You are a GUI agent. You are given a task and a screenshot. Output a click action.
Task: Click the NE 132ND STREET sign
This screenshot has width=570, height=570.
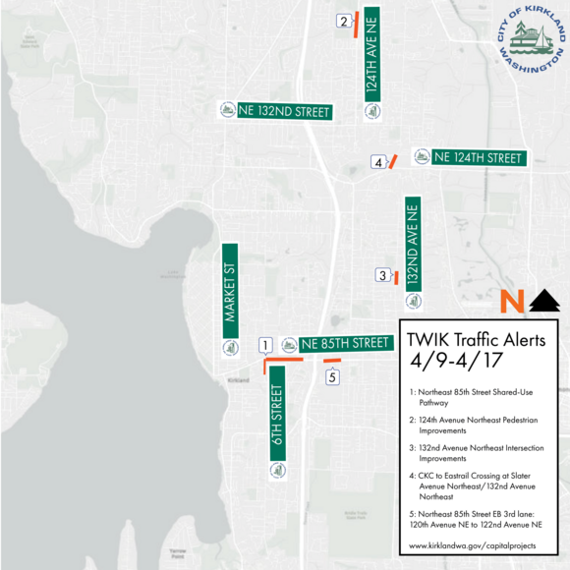[276, 112]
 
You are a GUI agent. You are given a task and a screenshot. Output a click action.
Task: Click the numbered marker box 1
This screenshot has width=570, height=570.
[264, 345]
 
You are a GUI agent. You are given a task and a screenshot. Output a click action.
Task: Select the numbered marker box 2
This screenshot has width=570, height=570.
[343, 22]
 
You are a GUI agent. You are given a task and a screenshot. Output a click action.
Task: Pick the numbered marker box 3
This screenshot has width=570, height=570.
[382, 275]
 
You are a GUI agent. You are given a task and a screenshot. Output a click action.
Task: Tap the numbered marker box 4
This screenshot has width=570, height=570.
[377, 162]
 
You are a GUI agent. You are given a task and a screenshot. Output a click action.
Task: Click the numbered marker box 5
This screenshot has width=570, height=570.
[332, 376]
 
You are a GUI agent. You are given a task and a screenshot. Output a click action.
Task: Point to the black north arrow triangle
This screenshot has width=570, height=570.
[543, 302]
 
